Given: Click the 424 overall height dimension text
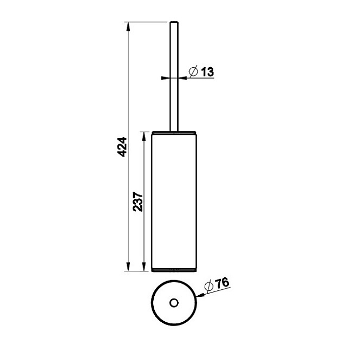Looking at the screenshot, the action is [122, 147].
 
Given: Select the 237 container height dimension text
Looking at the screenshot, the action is [138, 201].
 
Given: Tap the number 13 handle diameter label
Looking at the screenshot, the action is [207, 71].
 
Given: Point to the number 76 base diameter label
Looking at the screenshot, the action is [222, 283].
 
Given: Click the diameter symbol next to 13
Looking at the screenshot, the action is [193, 71].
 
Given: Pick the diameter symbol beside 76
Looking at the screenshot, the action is [209, 285].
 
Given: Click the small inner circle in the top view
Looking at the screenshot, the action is [174, 303].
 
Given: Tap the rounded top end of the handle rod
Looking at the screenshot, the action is [174, 22].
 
